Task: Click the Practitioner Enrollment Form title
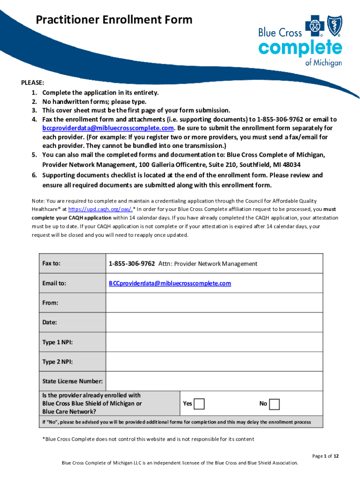(115, 20)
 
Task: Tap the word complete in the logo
(300, 49)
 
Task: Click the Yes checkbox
(199, 404)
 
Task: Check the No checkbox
(274, 404)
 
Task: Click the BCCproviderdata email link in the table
(170, 283)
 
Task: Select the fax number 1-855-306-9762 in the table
(132, 264)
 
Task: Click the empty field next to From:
(214, 303)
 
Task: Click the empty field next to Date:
(214, 322)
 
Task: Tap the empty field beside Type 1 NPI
(214, 342)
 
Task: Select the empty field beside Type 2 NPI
(214, 362)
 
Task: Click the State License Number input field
(214, 381)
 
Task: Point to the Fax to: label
(51, 264)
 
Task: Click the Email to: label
(54, 283)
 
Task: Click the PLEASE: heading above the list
(32, 83)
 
